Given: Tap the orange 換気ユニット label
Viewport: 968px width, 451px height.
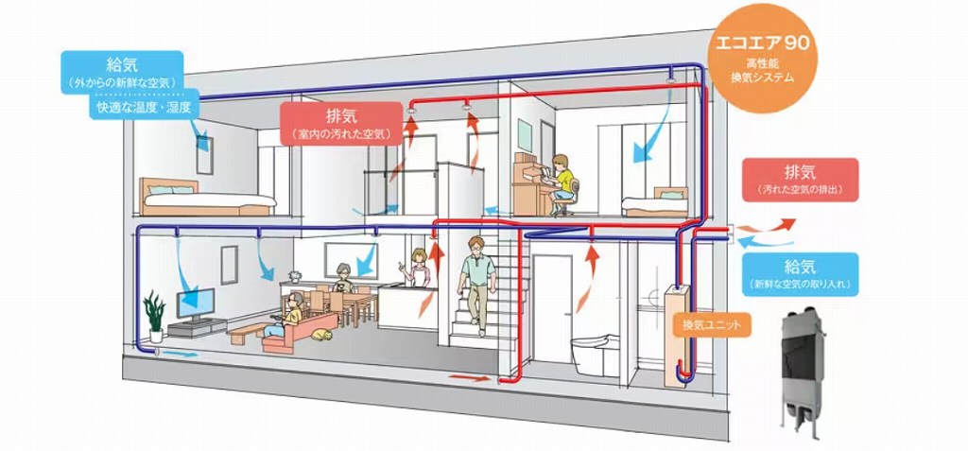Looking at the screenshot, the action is click(713, 324).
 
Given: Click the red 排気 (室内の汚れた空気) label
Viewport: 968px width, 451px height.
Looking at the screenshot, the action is click(340, 124).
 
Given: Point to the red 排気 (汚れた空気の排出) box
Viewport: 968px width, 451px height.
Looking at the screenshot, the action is click(800, 180).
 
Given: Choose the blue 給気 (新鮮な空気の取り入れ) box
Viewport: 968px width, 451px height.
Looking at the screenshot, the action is click(800, 274).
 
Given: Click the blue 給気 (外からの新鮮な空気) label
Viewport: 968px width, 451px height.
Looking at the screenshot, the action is click(122, 72).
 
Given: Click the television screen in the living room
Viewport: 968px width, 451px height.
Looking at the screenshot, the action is click(196, 304).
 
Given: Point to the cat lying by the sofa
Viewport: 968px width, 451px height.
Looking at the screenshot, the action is click(321, 335).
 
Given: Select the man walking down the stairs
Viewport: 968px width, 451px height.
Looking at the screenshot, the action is click(476, 286).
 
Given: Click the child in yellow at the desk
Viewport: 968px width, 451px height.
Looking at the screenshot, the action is click(562, 184).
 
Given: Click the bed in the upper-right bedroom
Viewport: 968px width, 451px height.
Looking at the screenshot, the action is click(655, 202).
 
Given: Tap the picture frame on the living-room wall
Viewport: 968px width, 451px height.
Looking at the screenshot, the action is click(229, 265).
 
